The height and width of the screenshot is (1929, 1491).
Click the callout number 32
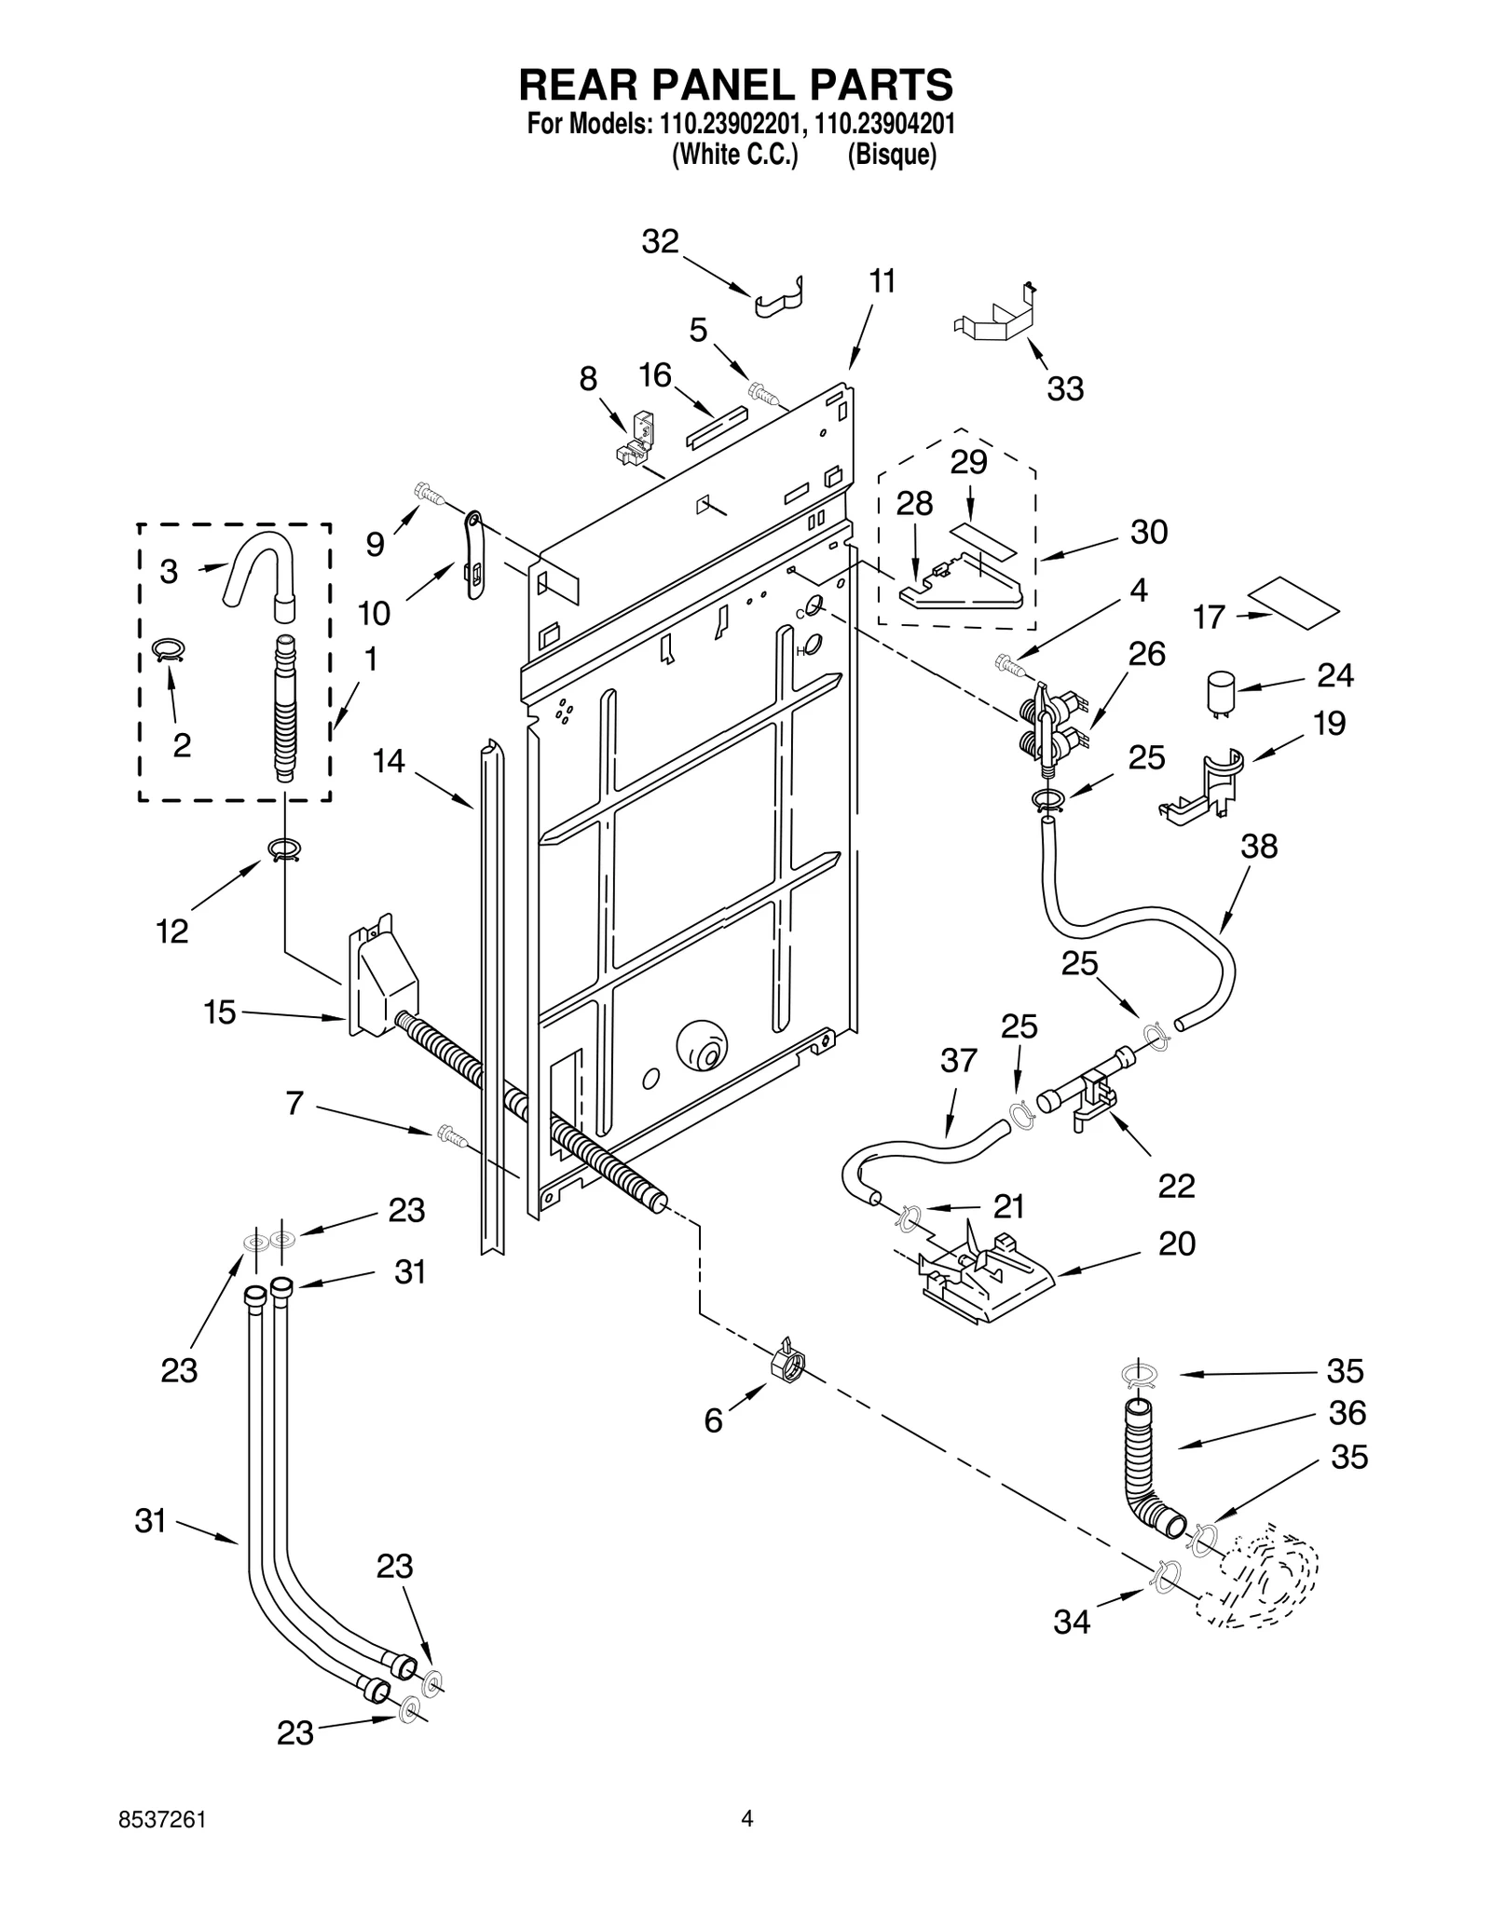(x=660, y=242)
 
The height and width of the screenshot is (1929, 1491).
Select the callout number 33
(x=1065, y=389)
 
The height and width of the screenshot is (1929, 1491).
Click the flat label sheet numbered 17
(x=1294, y=605)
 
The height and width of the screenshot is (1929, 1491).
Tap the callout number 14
(x=389, y=761)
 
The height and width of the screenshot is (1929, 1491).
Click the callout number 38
(x=1259, y=847)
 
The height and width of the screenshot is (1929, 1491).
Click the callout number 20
(x=1176, y=1244)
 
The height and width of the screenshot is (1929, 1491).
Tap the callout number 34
(x=1072, y=1623)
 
